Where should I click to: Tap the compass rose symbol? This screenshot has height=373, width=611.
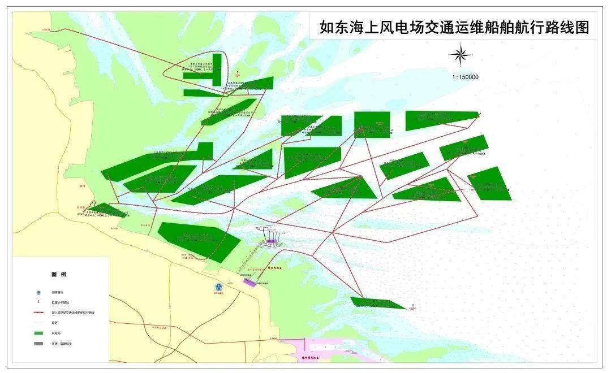pos(461,55)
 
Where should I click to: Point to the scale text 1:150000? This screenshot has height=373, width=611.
pos(465,77)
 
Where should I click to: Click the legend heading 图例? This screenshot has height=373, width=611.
pos(58,274)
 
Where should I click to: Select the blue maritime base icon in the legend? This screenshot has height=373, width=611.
pos(38,292)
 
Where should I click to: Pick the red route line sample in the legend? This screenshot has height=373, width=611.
pos(38,312)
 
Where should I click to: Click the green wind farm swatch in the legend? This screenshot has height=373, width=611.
pos(38,332)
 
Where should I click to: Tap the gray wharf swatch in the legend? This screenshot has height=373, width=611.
pos(38,343)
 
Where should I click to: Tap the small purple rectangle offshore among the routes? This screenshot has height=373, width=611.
pos(270,241)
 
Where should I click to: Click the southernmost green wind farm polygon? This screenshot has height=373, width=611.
pos(377,303)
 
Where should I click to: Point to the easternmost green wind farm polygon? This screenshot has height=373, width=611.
pos(490,184)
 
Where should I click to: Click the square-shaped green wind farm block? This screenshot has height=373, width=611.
pos(372,124)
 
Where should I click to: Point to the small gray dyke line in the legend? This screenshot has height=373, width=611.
pos(38,323)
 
